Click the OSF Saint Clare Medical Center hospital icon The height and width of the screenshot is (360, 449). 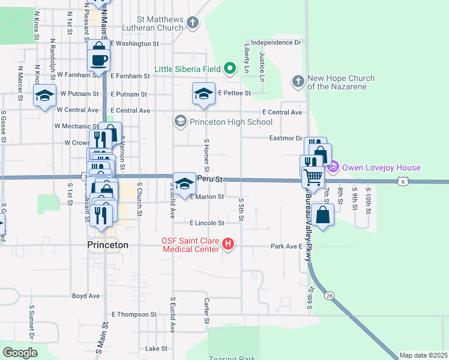point(228,244)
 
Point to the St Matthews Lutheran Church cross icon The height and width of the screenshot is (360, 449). point(193,23)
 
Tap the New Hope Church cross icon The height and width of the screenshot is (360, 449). point(298,81)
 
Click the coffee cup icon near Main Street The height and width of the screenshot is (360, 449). point(99,59)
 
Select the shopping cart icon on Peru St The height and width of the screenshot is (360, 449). point(312,176)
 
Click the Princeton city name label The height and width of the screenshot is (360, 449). point(107,245)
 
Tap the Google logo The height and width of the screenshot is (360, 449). point(20,353)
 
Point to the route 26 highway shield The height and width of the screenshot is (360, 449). point(330,296)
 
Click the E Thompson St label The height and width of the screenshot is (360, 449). point(134,314)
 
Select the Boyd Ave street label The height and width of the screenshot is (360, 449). point(86,296)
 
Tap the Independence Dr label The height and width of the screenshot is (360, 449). point(276,43)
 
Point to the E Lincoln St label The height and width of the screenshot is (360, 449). point(206,223)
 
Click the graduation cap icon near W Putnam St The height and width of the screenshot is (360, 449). point(45,96)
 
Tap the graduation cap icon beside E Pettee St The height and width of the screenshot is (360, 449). point(203,93)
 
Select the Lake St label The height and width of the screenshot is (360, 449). point(156,349)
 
